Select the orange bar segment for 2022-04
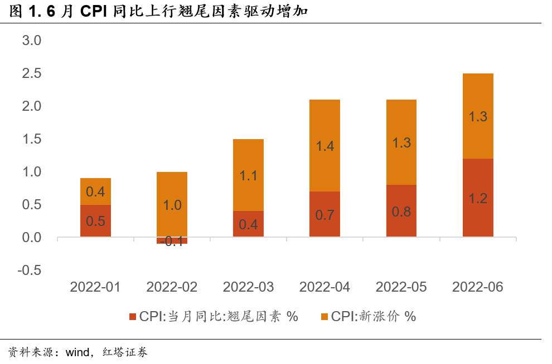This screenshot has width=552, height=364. (325, 145)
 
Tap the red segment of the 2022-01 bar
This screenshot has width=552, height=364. (95, 221)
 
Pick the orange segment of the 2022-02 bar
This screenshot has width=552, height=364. (172, 204)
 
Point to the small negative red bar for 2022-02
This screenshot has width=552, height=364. (172, 240)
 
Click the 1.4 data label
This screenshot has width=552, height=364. (325, 146)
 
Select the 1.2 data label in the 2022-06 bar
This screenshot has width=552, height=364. (478, 198)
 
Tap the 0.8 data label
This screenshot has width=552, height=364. (401, 211)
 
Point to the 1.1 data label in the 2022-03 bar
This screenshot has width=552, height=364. (248, 175)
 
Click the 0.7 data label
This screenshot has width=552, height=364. (325, 214)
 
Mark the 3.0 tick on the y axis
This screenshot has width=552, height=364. (32, 40)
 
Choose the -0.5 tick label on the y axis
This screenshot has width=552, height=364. (30, 270)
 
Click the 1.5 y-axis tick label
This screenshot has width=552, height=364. (32, 139)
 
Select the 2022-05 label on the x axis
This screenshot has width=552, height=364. (401, 287)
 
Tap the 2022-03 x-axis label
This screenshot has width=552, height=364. (248, 287)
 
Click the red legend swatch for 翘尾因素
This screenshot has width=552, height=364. (133, 317)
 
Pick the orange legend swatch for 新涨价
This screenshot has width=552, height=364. (325, 317)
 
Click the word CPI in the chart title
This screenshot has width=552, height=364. (94, 11)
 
